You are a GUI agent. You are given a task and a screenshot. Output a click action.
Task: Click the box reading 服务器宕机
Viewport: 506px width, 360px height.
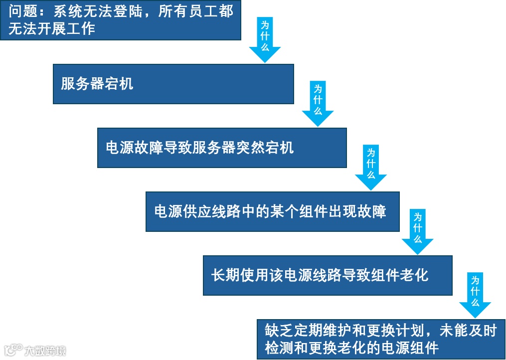coord(173,84)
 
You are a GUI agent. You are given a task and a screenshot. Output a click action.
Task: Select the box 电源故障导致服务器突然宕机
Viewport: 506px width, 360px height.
coord(222,148)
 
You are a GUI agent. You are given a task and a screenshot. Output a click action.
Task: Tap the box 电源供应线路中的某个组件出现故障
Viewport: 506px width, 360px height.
coord(272,211)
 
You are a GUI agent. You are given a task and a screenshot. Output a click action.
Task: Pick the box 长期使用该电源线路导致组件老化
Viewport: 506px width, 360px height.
coord(328,275)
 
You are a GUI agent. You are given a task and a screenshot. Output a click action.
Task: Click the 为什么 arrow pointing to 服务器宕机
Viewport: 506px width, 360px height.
coord(265,39)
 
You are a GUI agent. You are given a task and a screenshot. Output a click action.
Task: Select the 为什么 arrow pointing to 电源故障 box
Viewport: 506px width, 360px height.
coord(318,103)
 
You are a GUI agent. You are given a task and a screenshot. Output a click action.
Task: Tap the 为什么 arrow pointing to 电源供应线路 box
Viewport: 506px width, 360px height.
coord(371,167)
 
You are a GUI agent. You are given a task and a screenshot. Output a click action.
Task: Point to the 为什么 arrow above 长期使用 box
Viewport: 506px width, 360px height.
coord(418,231)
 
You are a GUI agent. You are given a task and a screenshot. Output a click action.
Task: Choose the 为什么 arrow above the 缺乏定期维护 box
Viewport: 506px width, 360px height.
coord(475,295)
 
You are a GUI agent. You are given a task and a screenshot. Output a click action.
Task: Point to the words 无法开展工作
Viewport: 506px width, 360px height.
coord(51,28)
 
